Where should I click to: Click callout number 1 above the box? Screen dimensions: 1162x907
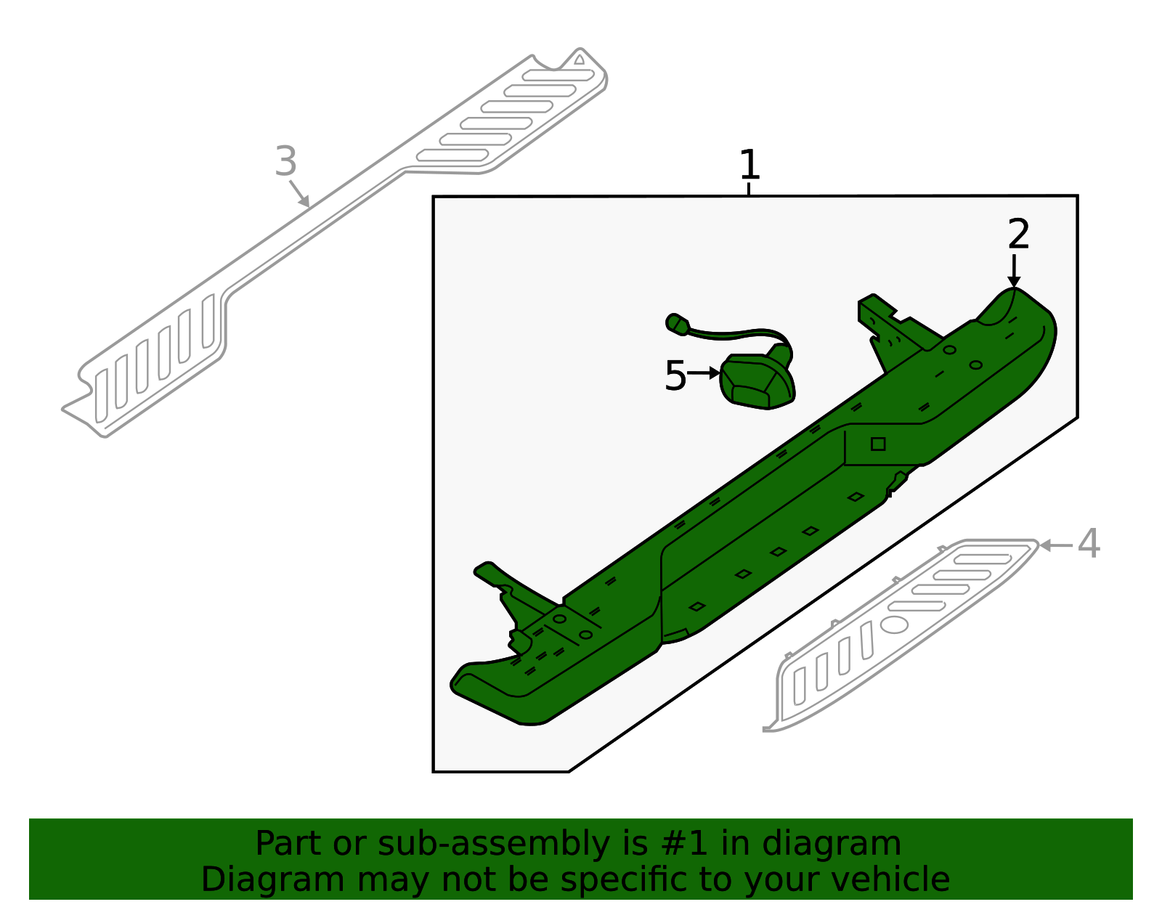coord(749,165)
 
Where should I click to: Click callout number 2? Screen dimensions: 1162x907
coord(1018,234)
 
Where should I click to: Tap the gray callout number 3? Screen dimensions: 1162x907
coord(286,161)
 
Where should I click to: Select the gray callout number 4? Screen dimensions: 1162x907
coord(1088,543)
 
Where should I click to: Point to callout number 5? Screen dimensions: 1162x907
coord(675,375)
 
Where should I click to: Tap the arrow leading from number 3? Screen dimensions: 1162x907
coord(300,194)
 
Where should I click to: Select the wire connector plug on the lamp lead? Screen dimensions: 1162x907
coord(678,324)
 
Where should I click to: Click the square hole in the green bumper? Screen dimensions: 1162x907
coord(878,444)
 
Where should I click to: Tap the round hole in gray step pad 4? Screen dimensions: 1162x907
coord(894,624)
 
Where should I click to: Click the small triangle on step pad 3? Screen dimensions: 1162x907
coord(579,60)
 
